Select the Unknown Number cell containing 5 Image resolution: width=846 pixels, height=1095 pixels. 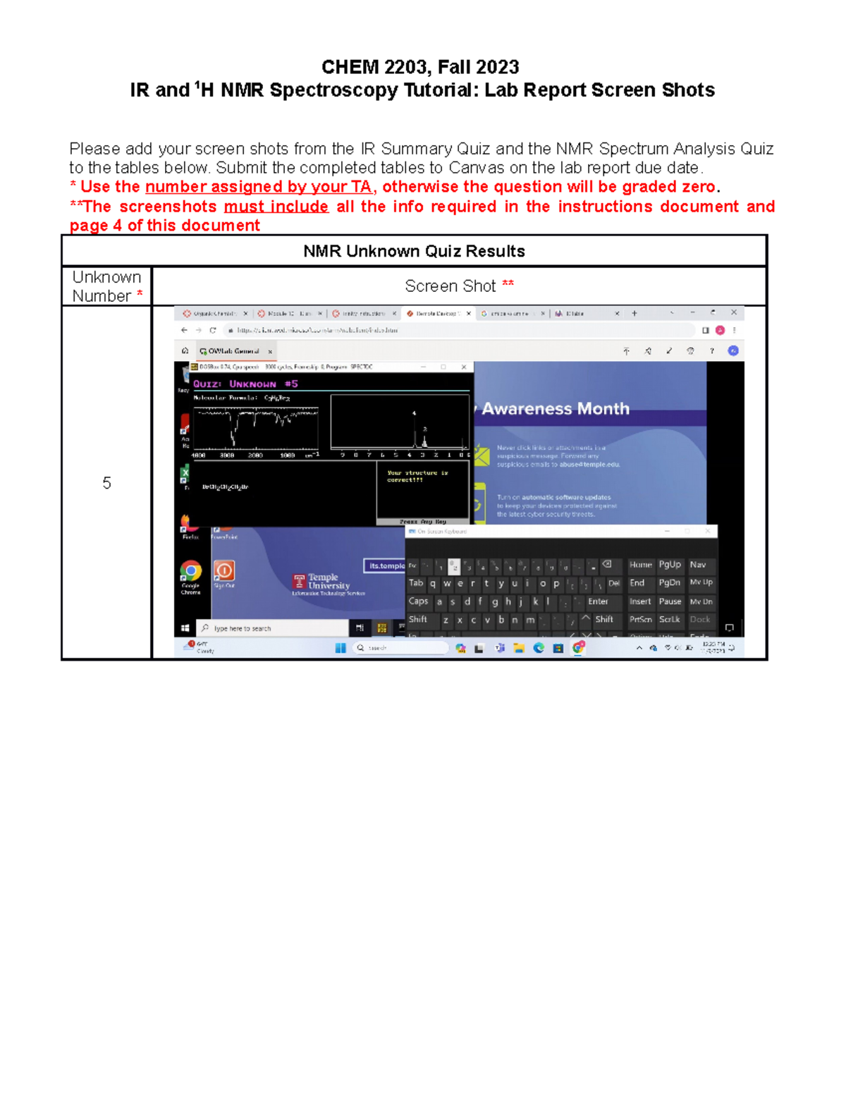pos(106,483)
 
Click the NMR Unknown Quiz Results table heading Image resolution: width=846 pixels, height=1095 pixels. pos(414,251)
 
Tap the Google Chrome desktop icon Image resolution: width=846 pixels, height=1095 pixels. pos(190,572)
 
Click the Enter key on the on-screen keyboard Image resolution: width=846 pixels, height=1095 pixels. pos(598,601)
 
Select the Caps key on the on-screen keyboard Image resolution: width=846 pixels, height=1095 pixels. pos(418,601)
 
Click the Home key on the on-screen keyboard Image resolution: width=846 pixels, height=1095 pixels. pos(640,565)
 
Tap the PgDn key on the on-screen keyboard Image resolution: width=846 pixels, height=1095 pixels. pos(669,583)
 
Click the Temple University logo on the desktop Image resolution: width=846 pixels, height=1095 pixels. pos(321,582)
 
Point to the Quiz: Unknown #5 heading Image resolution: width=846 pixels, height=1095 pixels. pos(245,384)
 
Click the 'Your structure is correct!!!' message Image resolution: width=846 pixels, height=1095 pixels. pos(407,476)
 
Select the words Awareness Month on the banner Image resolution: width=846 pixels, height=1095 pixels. pos(556,409)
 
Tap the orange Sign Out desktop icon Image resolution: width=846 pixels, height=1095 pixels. pos(224,571)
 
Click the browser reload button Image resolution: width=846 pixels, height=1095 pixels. pos(212,330)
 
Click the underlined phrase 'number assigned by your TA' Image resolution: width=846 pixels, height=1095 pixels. pos(258,187)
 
